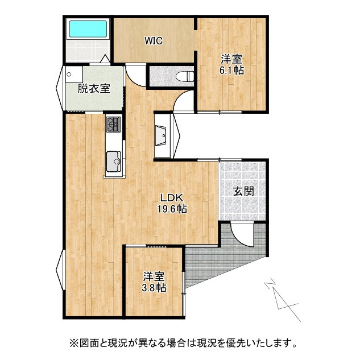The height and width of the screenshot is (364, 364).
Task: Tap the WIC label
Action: coord(154,40)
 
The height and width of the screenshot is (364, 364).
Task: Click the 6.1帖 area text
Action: coord(232,71)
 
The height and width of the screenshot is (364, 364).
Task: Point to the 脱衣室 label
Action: coord(94,88)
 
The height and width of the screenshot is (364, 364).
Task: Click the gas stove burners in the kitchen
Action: coord(113,123)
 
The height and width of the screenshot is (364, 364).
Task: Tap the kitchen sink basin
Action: coord(113,159)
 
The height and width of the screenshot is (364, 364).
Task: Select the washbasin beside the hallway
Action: coord(162,135)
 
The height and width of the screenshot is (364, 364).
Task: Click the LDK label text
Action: coord(171,197)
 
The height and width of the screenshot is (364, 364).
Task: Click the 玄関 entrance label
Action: coord(243,191)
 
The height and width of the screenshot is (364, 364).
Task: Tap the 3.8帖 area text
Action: coord(154,288)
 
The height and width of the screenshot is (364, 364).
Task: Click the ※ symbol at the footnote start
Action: coord(73,343)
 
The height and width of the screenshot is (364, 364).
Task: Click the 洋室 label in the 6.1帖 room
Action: coord(232,59)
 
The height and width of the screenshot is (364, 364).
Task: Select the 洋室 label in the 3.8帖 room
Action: coord(154,276)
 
